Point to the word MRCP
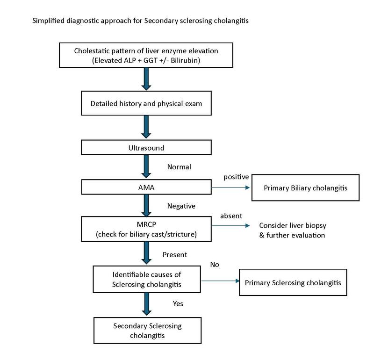(x=146, y=224)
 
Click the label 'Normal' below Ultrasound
(x=179, y=167)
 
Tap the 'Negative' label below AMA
(x=181, y=206)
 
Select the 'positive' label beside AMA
(x=236, y=177)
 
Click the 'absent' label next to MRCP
(x=231, y=216)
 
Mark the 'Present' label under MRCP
(x=175, y=255)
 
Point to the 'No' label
(x=215, y=265)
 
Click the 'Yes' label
(x=178, y=304)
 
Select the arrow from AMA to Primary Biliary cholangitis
(x=230, y=188)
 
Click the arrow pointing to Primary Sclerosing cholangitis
(x=220, y=281)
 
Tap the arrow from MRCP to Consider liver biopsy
(x=230, y=225)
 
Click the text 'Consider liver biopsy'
(x=293, y=225)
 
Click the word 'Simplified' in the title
(x=49, y=21)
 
